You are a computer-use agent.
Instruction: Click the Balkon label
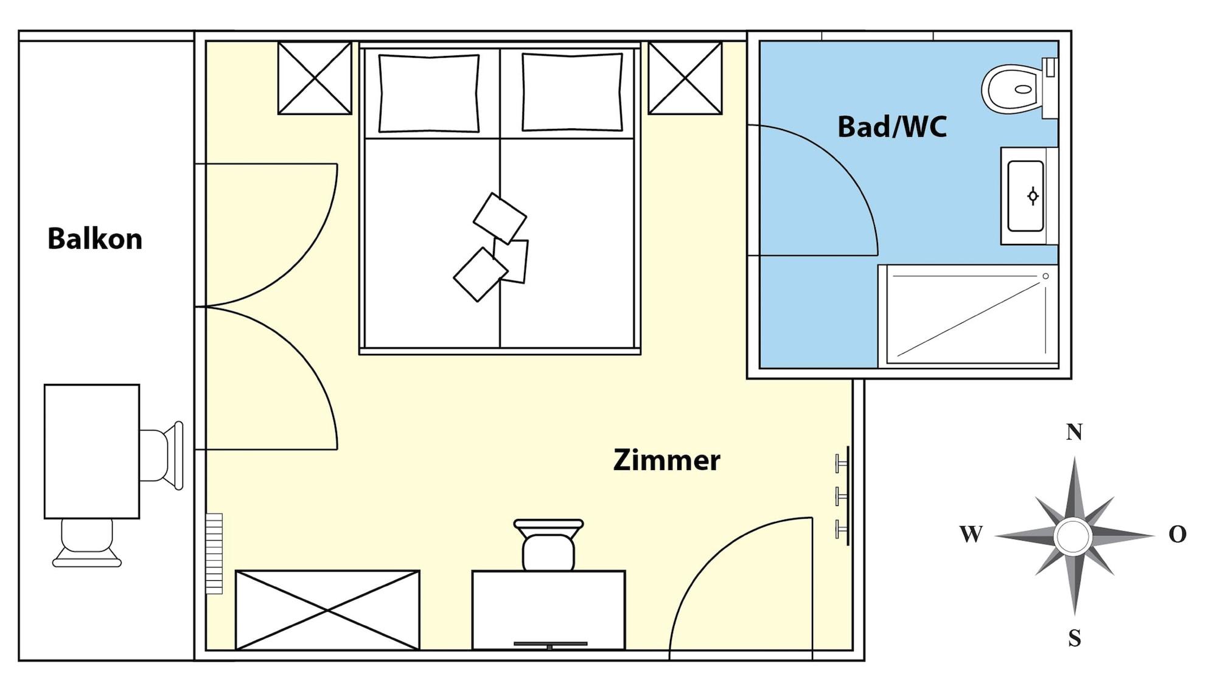click(x=95, y=238)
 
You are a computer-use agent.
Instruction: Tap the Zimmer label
click(x=666, y=460)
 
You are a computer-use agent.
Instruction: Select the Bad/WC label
click(x=892, y=127)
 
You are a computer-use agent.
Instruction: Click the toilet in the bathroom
click(x=1019, y=89)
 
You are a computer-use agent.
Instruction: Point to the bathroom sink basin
click(x=1026, y=196)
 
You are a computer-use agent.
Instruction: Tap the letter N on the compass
click(x=1074, y=432)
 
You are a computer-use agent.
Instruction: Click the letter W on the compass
click(x=971, y=534)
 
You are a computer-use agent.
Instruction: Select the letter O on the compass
click(x=1177, y=534)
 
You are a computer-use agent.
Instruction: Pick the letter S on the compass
click(x=1075, y=638)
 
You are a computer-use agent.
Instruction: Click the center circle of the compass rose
click(x=1073, y=536)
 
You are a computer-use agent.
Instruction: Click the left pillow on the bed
click(x=429, y=93)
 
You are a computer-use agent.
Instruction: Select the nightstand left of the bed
click(x=315, y=78)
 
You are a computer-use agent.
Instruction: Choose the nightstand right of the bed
click(x=685, y=78)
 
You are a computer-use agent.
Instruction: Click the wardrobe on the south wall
click(x=327, y=610)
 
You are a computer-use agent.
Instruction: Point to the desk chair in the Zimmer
click(x=548, y=545)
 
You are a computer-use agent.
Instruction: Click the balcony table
click(x=92, y=451)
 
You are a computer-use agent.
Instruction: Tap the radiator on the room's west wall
click(x=214, y=553)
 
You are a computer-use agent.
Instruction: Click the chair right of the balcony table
click(x=161, y=456)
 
